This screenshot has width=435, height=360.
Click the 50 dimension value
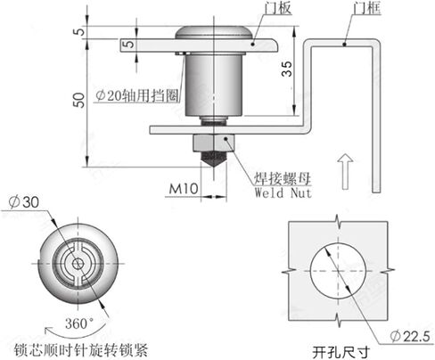[79, 100]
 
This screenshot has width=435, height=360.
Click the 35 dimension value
[287, 69]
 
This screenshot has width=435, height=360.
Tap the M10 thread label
[184, 188]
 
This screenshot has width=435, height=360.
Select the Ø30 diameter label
[24, 202]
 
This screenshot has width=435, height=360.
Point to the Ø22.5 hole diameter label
[410, 337]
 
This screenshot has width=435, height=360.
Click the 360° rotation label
[79, 323]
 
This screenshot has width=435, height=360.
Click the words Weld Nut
[283, 192]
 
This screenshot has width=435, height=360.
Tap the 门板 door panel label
[278, 8]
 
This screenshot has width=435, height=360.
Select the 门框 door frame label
[367, 8]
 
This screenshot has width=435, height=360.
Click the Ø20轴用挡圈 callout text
[137, 95]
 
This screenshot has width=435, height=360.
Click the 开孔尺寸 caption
[341, 352]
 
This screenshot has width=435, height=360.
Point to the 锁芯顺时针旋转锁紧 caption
[81, 350]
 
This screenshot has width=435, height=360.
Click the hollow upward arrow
[345, 171]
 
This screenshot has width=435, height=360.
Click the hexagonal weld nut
[214, 143]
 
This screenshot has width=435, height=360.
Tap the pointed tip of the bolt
[214, 168]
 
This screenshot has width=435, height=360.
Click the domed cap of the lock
[214, 33]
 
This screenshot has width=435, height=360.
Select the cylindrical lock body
[213, 85]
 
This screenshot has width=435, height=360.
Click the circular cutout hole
[338, 270]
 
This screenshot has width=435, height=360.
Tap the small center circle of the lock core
[78, 264]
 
